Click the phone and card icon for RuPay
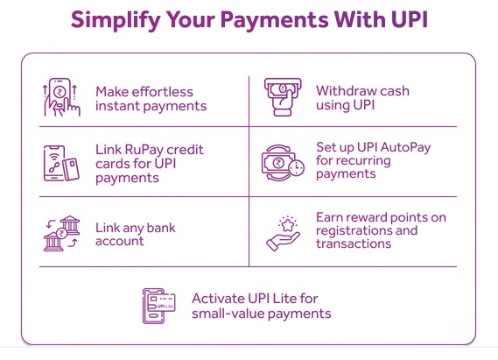click(59, 164)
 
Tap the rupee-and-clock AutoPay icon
click(281, 163)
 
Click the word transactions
click(354, 244)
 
